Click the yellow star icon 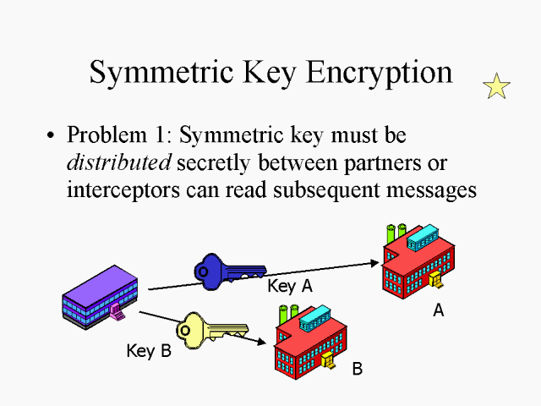(x=496, y=85)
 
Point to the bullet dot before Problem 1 (x=52, y=135)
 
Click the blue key (x=224, y=269)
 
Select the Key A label (x=289, y=286)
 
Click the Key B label (x=148, y=350)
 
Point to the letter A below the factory (x=438, y=310)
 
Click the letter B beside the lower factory (x=357, y=369)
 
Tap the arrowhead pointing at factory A (x=376, y=262)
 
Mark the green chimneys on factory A (x=396, y=232)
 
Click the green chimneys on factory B (x=288, y=311)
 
